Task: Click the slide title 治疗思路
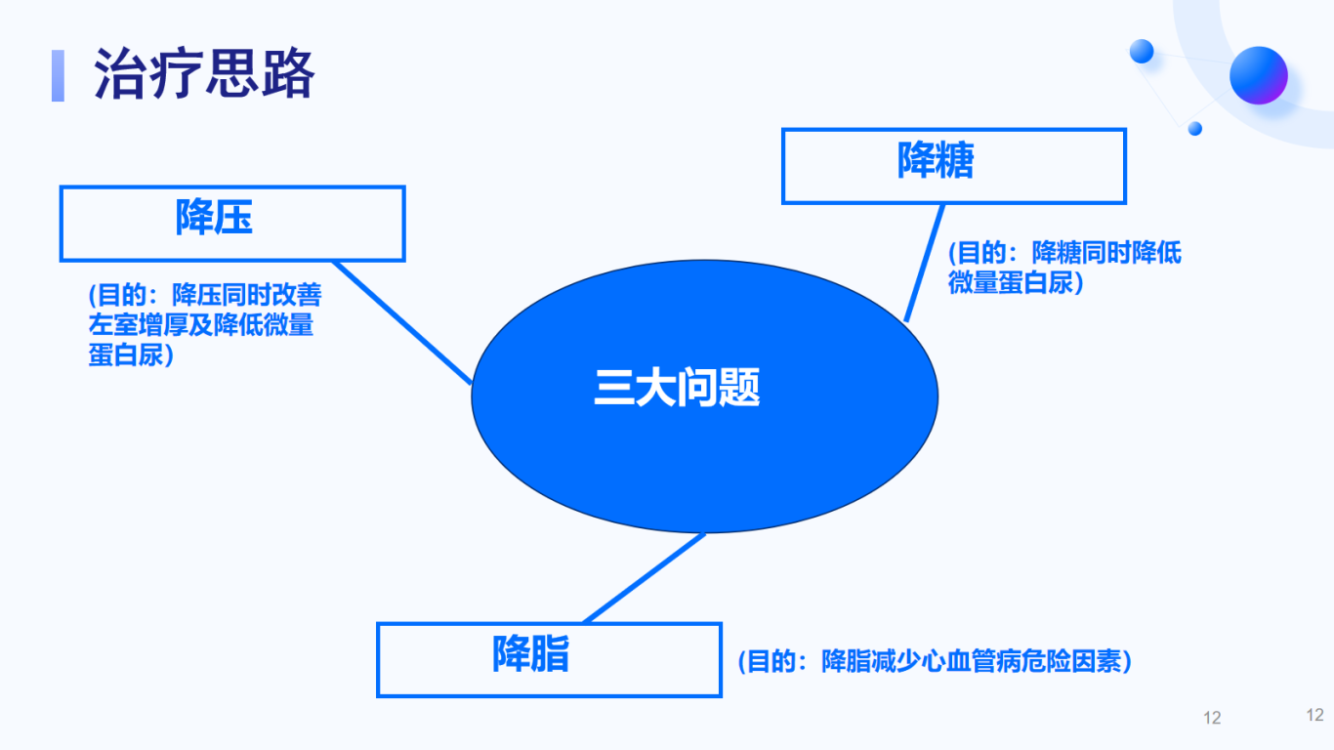pos(204,74)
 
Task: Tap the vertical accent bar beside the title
pos(58,75)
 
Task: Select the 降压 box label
pos(214,217)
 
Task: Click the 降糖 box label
pos(936,159)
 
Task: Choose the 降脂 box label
pos(530,654)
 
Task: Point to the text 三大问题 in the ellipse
pos(677,388)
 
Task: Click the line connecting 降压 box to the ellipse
pos(403,322)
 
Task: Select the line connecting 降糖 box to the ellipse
pos(924,263)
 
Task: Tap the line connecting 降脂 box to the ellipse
pos(645,578)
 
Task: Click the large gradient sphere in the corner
pos(1259,75)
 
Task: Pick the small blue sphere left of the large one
pos(1142,51)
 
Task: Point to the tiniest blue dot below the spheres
pos(1194,129)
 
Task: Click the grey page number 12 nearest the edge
pos(1314,715)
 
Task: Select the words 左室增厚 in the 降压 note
pos(138,325)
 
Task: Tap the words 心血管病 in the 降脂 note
pos(970,662)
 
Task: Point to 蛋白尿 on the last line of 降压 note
pos(126,355)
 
